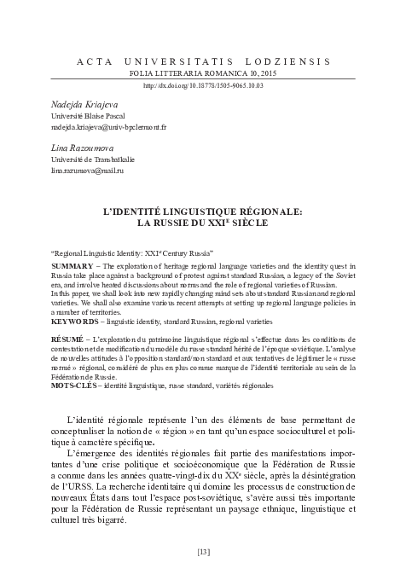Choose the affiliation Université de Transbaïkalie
pyautogui.click(x=85, y=159)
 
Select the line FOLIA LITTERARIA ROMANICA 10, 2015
pyautogui.click(x=202, y=74)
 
